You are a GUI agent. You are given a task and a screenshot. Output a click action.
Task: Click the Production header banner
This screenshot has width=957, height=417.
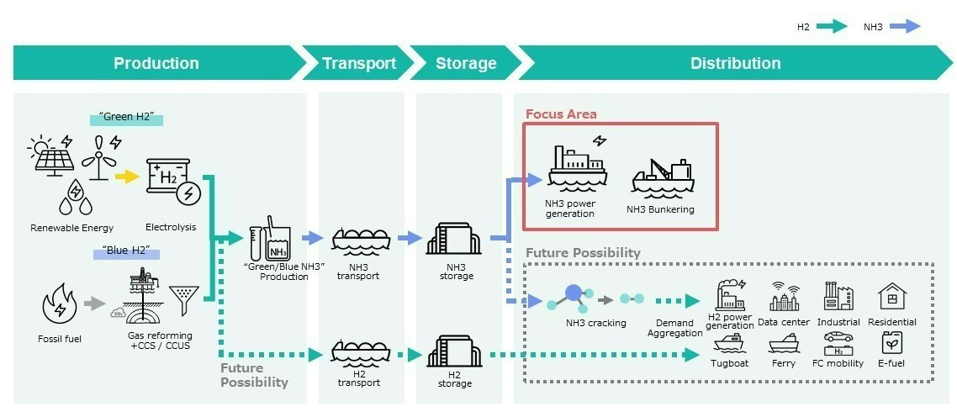[156, 63]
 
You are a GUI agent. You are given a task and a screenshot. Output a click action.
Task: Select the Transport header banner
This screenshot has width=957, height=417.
[359, 63]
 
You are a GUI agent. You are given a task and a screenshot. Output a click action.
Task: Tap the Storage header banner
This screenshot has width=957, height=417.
[466, 63]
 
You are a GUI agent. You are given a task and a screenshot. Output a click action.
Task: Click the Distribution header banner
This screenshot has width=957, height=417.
[735, 63]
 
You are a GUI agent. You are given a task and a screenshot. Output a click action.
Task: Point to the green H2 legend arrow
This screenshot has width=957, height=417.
[832, 27]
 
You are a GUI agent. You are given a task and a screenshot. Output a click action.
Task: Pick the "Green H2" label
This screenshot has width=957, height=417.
[126, 119]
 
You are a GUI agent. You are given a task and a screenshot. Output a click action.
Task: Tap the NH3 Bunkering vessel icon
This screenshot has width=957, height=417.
[663, 177]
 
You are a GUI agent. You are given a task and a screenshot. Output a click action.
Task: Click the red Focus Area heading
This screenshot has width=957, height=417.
[561, 114]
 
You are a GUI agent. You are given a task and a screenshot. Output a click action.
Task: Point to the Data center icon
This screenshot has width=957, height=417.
[784, 298]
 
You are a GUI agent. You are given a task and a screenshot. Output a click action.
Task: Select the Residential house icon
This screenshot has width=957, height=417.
[891, 296]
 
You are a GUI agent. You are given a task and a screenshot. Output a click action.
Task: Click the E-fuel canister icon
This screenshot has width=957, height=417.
[891, 343]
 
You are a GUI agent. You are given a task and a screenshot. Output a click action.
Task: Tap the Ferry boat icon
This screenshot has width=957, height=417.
[784, 344]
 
